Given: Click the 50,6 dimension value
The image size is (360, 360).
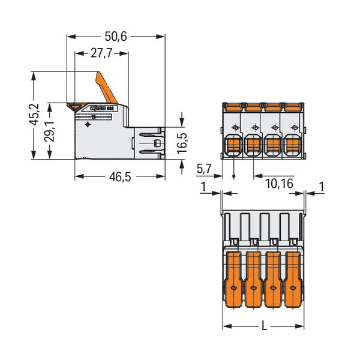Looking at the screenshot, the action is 115,37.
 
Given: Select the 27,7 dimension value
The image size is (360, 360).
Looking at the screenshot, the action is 101,53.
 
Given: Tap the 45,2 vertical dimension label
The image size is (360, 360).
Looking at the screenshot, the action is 34,115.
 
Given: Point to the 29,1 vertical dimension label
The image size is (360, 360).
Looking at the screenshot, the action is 50,131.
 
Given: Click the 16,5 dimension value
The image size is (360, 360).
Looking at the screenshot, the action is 182,143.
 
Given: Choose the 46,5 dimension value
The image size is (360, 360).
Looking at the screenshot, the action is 120,177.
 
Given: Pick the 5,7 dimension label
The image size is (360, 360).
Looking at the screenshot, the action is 203,169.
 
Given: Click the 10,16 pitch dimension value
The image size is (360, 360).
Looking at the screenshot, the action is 279,184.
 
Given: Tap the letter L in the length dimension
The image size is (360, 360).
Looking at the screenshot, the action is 265,326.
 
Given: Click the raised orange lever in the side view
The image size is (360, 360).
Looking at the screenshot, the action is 106,88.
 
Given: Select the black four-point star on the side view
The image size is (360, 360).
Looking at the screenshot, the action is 88,125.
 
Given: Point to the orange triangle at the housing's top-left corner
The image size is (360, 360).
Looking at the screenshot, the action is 74,107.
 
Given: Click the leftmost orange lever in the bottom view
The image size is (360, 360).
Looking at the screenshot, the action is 233,279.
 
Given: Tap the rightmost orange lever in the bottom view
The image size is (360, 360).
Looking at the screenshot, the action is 293,279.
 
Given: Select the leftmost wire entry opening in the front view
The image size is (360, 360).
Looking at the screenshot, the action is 233,145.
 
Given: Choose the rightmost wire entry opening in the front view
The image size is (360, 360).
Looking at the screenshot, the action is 293,145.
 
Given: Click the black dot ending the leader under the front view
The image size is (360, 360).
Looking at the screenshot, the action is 234,176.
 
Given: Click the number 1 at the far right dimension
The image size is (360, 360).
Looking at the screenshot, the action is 322,187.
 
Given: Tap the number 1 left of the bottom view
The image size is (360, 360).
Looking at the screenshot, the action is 203,187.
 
